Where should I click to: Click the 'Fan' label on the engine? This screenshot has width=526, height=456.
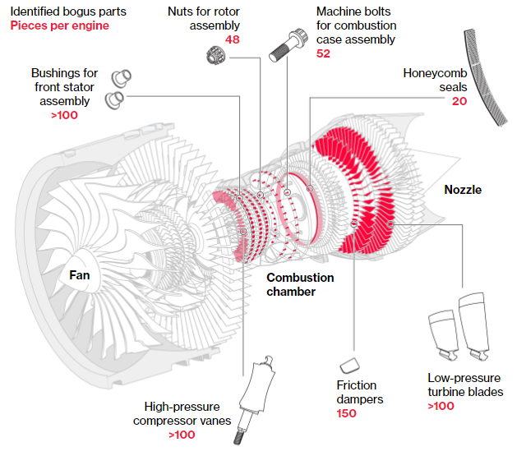tap(80, 275)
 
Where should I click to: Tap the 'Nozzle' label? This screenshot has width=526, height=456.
tap(463, 190)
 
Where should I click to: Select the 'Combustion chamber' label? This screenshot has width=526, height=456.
tap(300, 284)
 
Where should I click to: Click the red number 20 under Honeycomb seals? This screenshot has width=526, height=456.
tap(459, 101)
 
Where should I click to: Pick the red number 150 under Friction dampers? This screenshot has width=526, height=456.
tap(347, 412)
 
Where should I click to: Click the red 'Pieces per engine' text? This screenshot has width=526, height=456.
tap(59, 25)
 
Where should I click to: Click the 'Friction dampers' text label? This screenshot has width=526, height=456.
tap(357, 392)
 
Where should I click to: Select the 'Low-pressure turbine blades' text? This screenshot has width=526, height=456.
tap(465, 385)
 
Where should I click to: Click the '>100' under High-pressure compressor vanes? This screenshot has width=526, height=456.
tap(182, 435)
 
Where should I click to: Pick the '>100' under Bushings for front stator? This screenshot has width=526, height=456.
tap(65, 115)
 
